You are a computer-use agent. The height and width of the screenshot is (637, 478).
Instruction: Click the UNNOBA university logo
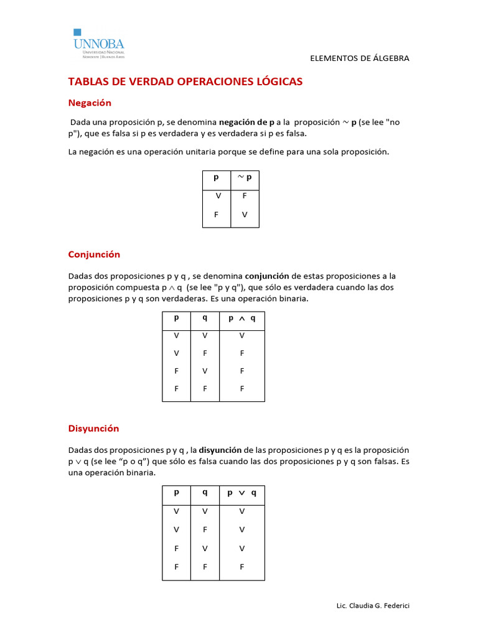coord(99,44)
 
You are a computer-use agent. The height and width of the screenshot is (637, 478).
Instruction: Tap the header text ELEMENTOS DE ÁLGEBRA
coord(360,58)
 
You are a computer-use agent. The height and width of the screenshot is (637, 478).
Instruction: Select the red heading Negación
coord(90,103)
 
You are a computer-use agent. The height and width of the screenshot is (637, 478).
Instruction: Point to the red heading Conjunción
coord(94,254)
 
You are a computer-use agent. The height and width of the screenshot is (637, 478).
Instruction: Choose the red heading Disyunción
coord(93,429)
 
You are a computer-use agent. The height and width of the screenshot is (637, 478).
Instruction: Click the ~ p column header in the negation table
coord(245,177)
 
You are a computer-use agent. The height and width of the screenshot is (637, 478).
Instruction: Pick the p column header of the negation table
coord(216,177)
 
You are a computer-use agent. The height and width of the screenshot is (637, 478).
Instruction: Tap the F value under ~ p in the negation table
coord(245,195)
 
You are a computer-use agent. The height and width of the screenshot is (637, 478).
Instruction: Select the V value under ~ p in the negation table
coord(245,214)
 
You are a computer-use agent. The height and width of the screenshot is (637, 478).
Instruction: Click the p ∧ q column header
coord(242,318)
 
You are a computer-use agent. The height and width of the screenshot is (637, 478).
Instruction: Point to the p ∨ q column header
coord(242,492)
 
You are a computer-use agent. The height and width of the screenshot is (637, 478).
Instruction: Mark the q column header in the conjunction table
coord(205,317)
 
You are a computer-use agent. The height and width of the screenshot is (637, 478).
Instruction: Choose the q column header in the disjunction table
coord(205,491)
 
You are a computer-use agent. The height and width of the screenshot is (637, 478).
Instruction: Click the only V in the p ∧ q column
coord(242,335)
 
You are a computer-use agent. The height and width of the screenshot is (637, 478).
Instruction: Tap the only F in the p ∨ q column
coord(242,567)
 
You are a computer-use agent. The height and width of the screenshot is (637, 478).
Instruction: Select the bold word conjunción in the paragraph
coord(267,276)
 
